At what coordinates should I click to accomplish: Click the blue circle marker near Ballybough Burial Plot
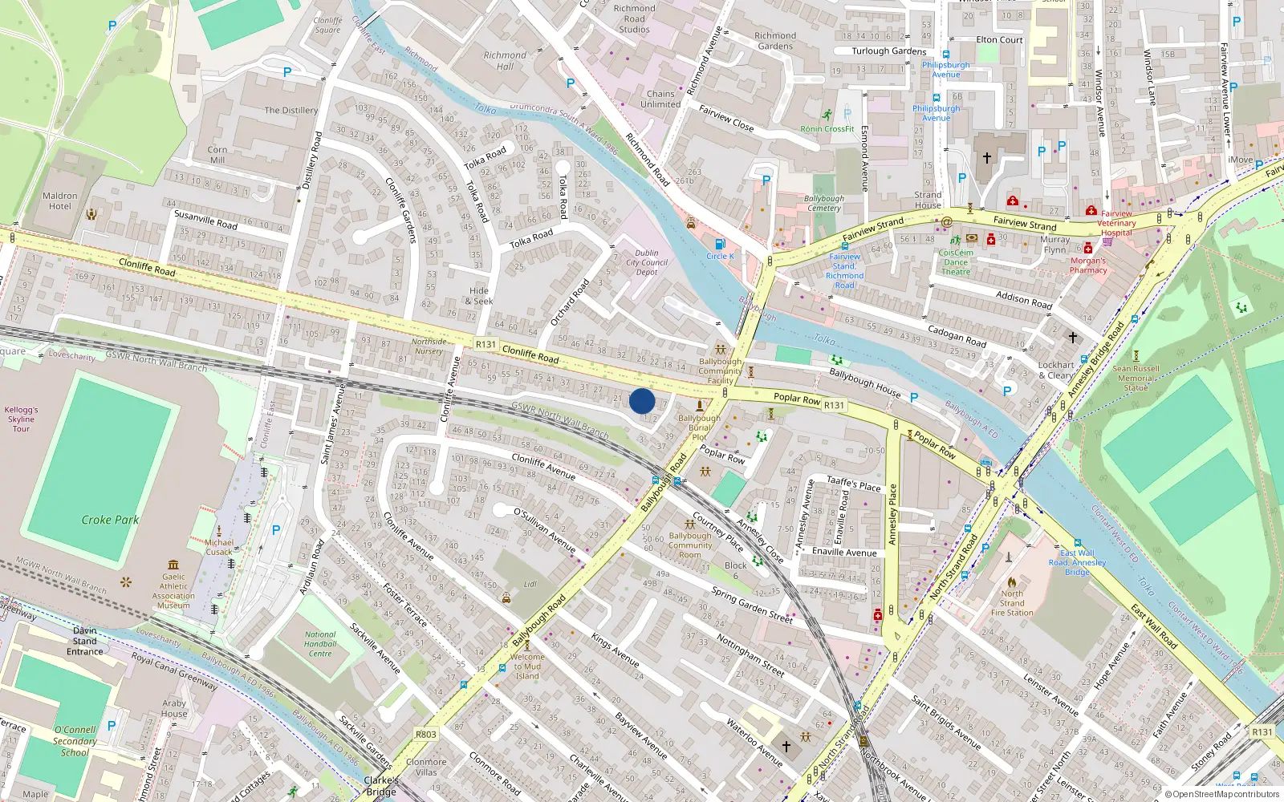(x=642, y=401)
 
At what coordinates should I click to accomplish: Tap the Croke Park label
(x=110, y=520)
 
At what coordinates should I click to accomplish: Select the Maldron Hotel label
(x=60, y=200)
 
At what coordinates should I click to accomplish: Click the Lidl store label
(x=530, y=584)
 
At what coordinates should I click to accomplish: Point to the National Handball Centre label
(x=320, y=644)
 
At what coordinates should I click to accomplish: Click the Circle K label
(x=720, y=257)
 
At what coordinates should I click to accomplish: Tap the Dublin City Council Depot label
(x=647, y=262)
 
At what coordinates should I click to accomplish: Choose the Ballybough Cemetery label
(x=824, y=203)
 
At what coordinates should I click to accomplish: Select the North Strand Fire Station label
(x=1012, y=603)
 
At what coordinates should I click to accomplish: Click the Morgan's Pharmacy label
(x=1088, y=265)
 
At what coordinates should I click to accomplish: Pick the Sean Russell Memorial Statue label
(x=1136, y=379)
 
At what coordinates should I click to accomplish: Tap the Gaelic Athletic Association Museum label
(x=173, y=590)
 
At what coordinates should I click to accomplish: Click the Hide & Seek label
(x=479, y=296)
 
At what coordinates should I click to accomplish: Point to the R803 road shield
(x=426, y=735)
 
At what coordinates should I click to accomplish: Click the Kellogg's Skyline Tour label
(x=21, y=419)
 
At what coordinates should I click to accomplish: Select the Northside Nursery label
(x=429, y=346)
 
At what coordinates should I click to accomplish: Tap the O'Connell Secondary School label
(x=75, y=741)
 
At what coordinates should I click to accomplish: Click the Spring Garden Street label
(x=752, y=605)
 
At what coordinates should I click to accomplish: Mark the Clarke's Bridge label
(x=381, y=786)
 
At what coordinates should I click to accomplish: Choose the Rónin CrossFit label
(x=827, y=128)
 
